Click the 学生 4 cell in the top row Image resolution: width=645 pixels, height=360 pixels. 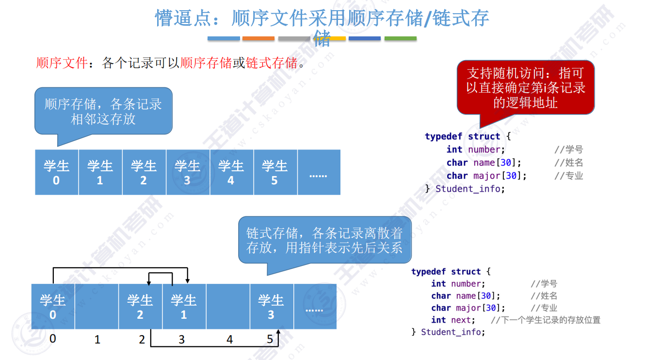pyautogui.click(x=231, y=172)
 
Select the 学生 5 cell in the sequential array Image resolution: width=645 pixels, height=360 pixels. pyautogui.click(x=275, y=172)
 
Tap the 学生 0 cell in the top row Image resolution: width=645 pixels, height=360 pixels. pyautogui.click(x=57, y=172)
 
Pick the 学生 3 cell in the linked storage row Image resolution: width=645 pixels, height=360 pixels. pyautogui.click(x=271, y=307)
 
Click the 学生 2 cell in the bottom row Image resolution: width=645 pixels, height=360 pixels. pyautogui.click(x=140, y=307)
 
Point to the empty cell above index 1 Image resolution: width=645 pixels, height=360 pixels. pyautogui.click(x=97, y=307)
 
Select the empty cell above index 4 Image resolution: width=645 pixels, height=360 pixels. pyautogui.click(x=228, y=307)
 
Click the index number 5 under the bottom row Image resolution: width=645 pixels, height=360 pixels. pyautogui.click(x=270, y=339)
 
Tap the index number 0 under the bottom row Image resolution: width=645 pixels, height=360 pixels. pyautogui.click(x=53, y=338)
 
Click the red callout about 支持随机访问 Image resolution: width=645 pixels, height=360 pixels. pyautogui.click(x=526, y=87)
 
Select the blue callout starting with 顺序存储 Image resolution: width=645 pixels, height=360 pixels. pyautogui.click(x=103, y=111)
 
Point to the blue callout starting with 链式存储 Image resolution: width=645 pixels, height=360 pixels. pyautogui.click(x=324, y=240)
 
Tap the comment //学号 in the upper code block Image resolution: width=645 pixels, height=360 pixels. pyautogui.click(x=568, y=149)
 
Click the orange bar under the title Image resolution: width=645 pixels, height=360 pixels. pyautogui.click(x=258, y=38)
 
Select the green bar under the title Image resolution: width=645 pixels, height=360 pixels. pyautogui.click(x=401, y=38)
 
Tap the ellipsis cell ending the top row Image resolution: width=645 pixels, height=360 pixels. pyautogui.click(x=319, y=172)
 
